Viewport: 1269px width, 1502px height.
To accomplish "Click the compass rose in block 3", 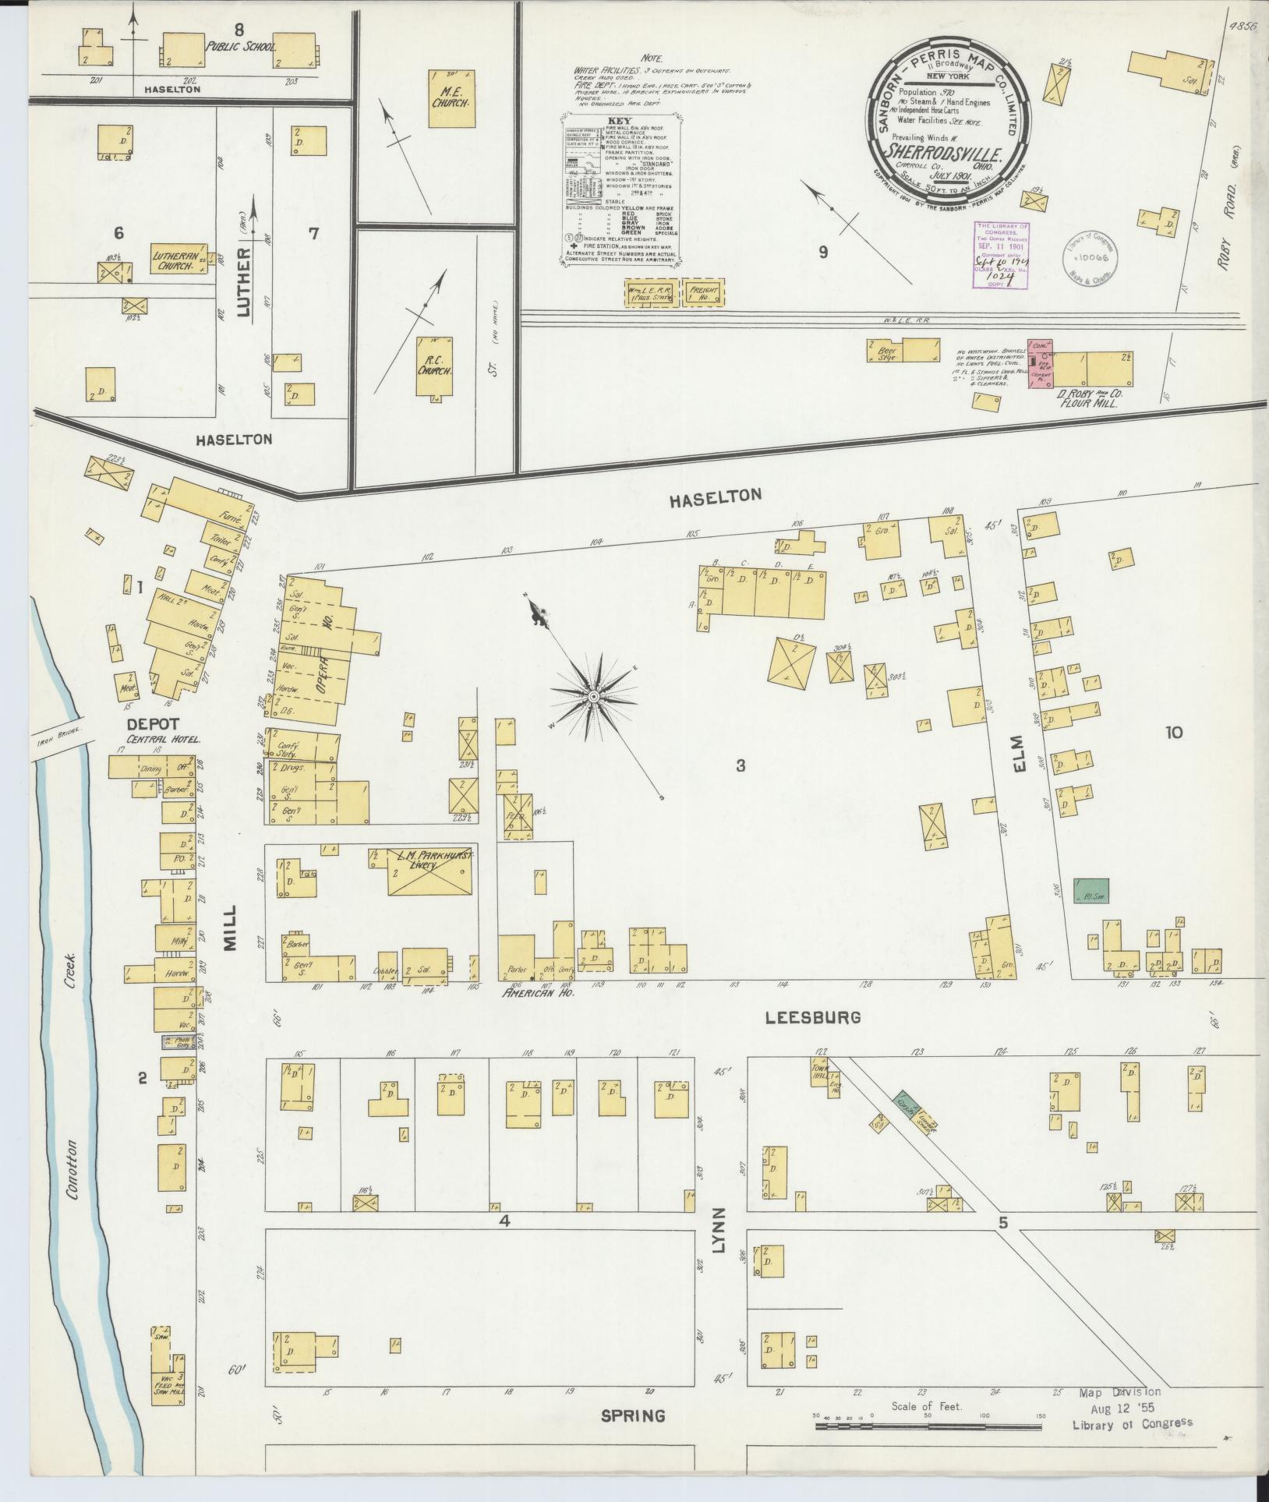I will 594,695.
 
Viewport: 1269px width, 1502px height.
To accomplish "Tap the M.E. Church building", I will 450,98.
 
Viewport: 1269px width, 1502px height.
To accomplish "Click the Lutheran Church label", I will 179,260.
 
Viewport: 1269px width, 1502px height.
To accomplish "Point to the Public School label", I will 241,47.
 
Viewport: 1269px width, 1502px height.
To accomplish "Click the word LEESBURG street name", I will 812,1017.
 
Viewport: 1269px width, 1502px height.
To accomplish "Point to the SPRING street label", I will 634,1415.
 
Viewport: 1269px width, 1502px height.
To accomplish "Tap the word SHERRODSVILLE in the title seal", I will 949,148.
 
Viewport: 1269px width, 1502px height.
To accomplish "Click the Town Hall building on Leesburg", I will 821,1076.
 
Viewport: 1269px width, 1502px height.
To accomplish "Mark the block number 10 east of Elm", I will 1174,732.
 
